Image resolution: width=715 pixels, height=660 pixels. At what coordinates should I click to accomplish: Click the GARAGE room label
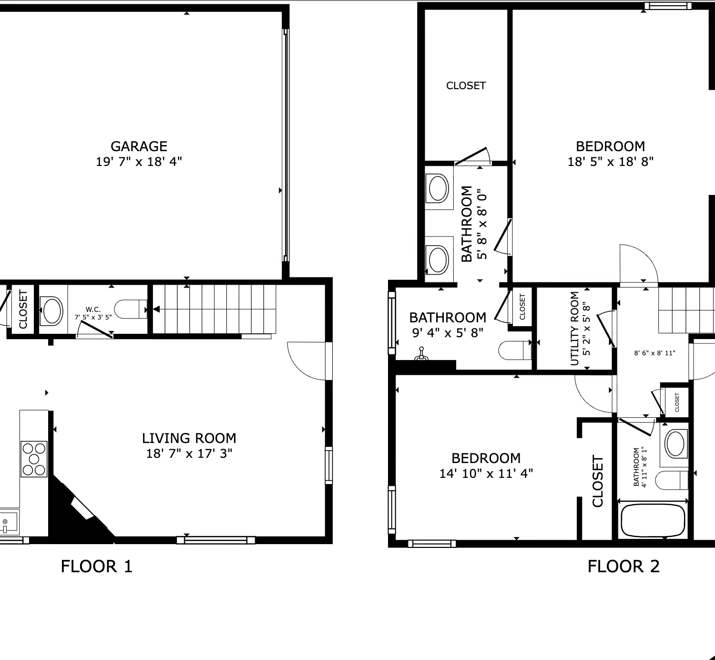point(139,146)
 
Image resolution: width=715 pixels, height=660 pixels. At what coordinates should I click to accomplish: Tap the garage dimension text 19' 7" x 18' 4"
point(139,162)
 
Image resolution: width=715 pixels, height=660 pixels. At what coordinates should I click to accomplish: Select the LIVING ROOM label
point(189,438)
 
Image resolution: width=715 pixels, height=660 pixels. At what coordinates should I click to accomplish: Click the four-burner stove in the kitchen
point(34,459)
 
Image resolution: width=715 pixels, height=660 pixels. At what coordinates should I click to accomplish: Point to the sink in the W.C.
point(51,310)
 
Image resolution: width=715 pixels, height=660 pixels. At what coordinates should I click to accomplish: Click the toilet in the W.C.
point(131,309)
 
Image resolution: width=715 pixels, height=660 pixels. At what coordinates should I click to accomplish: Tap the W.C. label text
point(93,309)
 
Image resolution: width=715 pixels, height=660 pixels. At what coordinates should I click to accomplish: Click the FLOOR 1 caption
point(97,566)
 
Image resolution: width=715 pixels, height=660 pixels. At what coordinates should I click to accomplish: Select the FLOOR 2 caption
point(623,566)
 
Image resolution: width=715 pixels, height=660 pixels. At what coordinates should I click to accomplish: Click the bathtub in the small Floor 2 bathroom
point(653,520)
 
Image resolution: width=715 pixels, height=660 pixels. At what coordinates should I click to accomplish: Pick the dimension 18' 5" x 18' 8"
point(611,162)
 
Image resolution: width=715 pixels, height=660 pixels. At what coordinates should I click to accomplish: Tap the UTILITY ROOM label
point(574,329)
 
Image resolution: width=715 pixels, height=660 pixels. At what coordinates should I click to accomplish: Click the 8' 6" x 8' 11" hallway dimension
point(654,353)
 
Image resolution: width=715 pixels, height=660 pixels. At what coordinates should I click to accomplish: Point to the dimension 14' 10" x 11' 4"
point(486,474)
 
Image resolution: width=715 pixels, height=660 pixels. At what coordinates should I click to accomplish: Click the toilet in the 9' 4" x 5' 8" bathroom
point(515,350)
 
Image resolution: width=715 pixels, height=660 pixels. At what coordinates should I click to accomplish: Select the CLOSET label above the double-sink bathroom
point(466,86)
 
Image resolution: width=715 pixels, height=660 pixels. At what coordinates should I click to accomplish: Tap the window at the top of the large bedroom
point(668,6)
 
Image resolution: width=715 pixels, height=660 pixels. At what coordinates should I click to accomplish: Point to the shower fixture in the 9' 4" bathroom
point(421,354)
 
